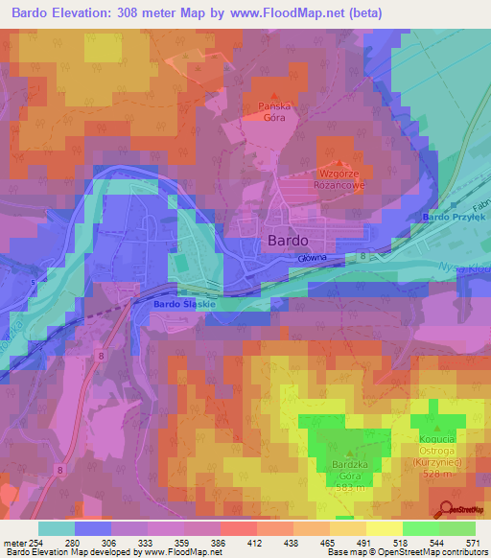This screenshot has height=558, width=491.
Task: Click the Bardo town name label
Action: click(x=288, y=241)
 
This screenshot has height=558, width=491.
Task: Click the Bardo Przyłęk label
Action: click(x=454, y=219)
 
